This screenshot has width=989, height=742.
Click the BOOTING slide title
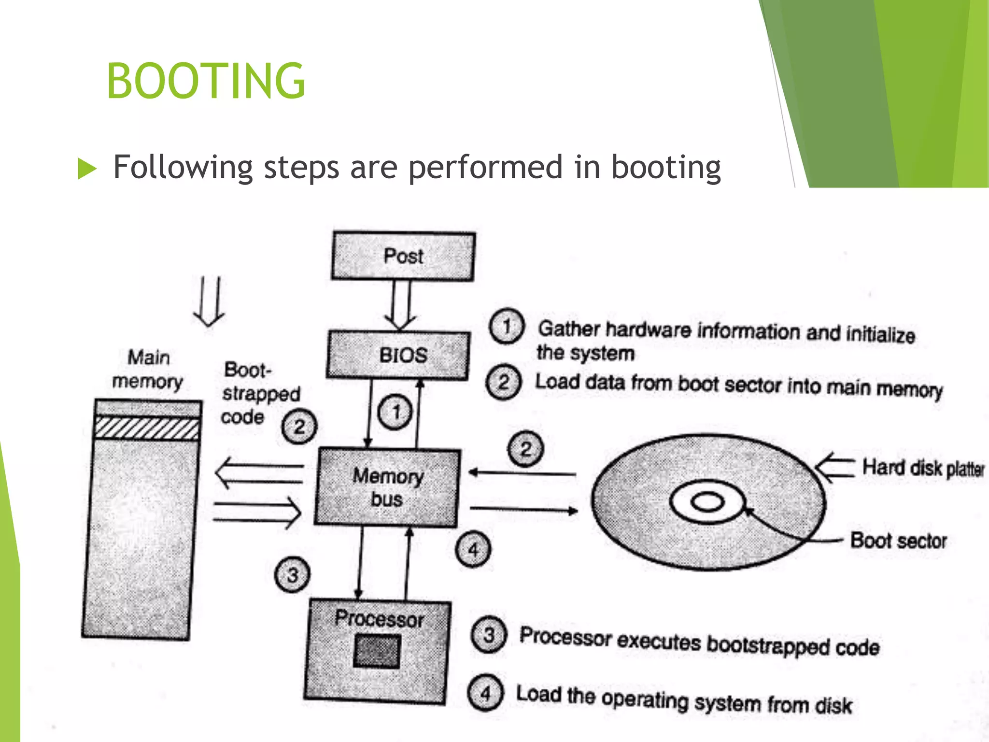click(206, 81)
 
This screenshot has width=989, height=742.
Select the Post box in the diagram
click(403, 256)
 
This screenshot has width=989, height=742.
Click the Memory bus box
click(387, 487)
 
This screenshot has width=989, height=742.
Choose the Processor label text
click(380, 619)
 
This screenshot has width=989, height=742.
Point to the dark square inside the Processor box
click(377, 651)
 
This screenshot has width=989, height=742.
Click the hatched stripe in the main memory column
click(147, 428)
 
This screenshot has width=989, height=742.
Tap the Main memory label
click(148, 370)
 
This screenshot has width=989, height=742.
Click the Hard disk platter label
click(923, 468)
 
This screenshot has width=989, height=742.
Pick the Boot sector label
click(898, 541)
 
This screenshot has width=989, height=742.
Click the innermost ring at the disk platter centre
click(707, 502)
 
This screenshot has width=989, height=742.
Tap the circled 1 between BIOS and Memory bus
click(396, 412)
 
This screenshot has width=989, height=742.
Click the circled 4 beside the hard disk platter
click(473, 550)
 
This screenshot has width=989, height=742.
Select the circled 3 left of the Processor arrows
click(292, 575)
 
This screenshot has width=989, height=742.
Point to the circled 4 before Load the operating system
click(486, 693)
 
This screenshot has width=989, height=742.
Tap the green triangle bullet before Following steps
click(87, 169)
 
